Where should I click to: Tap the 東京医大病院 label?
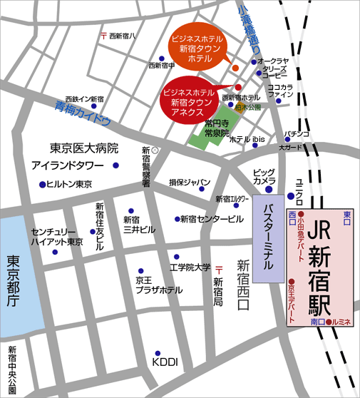(84, 149)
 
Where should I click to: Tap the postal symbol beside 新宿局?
(219, 267)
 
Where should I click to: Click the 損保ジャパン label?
(189, 183)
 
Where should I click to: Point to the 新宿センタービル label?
(212, 218)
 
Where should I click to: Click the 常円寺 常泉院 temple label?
(216, 128)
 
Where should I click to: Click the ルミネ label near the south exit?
(341, 322)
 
